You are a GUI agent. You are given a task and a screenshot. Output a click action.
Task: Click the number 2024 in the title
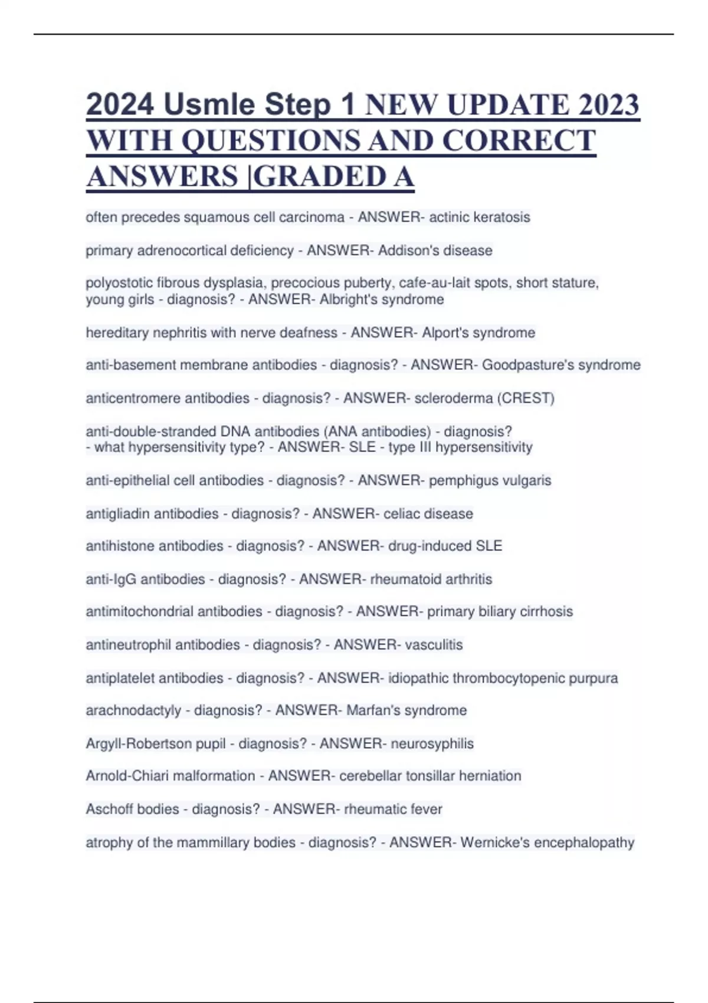[x=120, y=105]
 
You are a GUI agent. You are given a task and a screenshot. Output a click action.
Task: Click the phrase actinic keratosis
[x=479, y=217]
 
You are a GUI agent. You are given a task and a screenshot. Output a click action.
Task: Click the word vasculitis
[x=434, y=644]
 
